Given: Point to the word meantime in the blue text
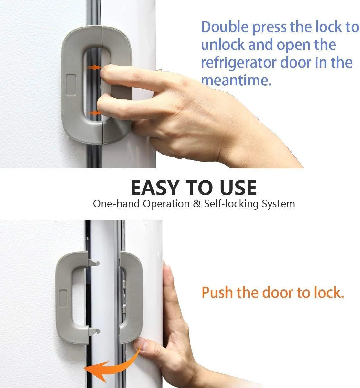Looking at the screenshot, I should [x=236, y=80].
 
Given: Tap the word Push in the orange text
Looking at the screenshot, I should [x=217, y=293].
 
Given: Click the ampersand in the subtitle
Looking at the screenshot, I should [x=197, y=204].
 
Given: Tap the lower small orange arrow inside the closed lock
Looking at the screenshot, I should [x=94, y=113].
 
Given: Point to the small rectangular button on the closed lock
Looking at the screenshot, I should [x=71, y=85].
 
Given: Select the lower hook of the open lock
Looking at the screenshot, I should [x=94, y=331].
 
